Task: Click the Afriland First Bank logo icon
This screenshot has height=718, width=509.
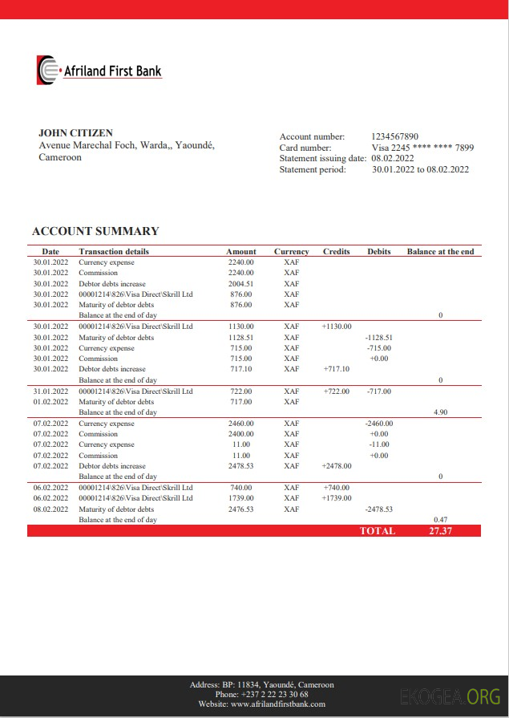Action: pos(46,70)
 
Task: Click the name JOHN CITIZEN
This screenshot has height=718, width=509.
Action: pos(75,133)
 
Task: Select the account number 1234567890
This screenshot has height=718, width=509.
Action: pos(395,136)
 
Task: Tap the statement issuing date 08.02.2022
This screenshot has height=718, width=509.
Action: pos(392,158)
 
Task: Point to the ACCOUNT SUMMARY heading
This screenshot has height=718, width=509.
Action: pos(95,231)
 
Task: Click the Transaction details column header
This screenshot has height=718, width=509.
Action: pos(114,251)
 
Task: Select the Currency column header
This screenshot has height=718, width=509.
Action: pos(291,251)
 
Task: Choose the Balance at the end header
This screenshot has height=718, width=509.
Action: pos(440,251)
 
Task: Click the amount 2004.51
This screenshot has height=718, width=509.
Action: pos(240,283)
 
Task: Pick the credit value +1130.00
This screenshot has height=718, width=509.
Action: pos(337,327)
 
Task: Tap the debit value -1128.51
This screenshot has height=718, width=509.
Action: pos(378,338)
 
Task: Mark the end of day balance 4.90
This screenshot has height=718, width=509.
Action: pos(439,412)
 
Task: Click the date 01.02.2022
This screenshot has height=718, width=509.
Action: pos(50,402)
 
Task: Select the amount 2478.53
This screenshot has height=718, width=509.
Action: pos(240,465)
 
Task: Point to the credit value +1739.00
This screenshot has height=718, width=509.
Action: pos(337,498)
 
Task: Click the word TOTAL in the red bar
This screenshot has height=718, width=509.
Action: pos(377,530)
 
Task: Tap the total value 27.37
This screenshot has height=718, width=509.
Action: pos(441,530)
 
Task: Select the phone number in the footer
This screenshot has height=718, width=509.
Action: pos(261,695)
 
